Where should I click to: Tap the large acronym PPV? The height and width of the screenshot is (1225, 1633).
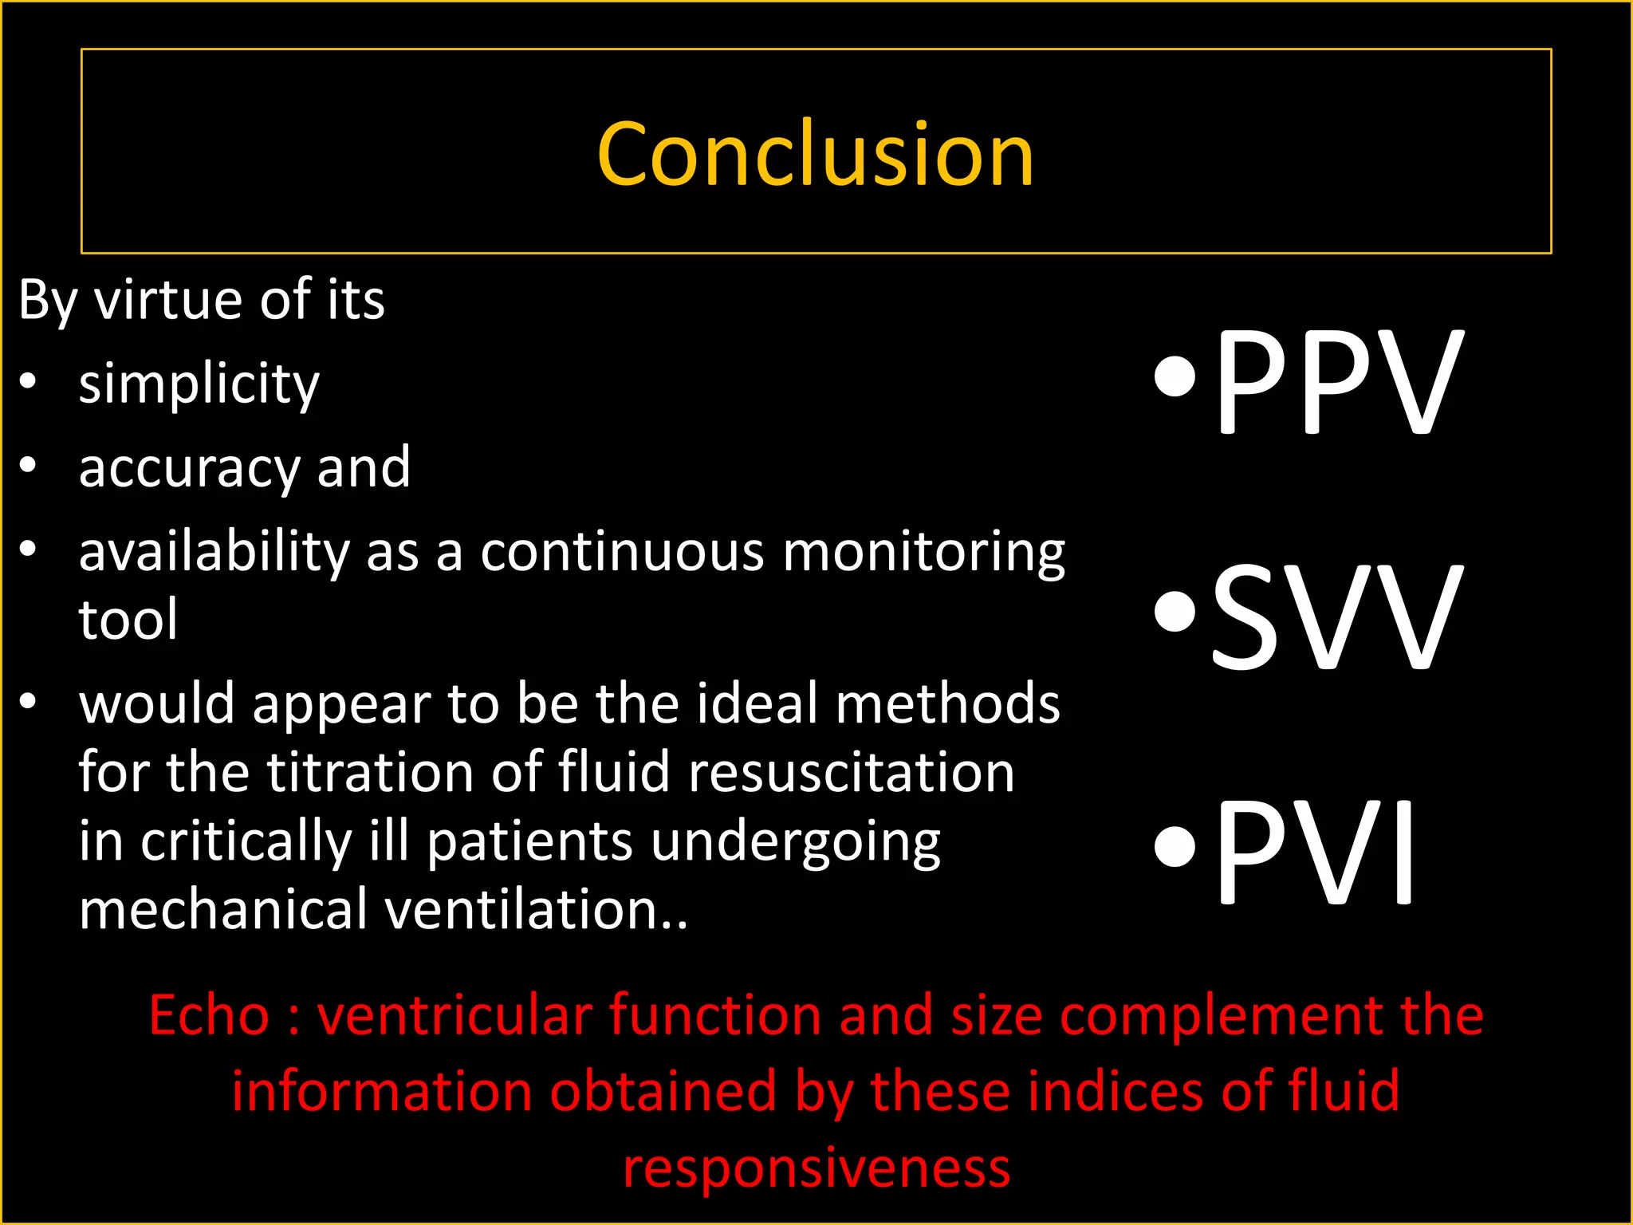[1339, 383]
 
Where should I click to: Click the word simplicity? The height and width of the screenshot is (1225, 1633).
[199, 384]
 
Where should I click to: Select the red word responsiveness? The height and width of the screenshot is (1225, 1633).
[816, 1168]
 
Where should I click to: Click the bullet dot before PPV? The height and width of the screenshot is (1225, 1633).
[1175, 376]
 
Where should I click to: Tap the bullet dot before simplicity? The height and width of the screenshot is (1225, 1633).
[29, 381]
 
